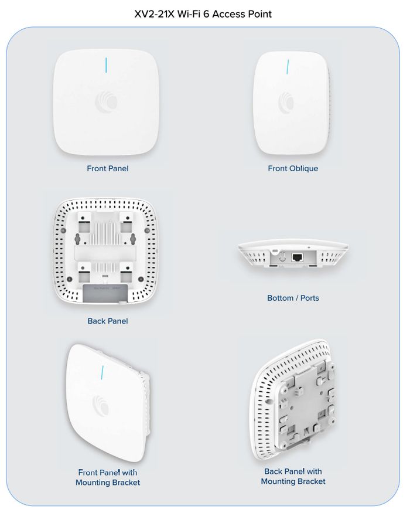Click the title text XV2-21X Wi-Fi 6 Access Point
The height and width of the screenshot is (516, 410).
coord(203,13)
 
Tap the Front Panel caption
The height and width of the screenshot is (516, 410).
coord(108,168)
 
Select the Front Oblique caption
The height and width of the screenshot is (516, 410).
coord(293,168)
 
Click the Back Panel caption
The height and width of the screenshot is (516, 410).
coord(108,321)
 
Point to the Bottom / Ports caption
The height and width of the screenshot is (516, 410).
coord(293,298)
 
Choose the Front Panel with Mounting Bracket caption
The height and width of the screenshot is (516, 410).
coord(108,477)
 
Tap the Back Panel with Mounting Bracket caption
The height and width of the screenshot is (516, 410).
coord(293,476)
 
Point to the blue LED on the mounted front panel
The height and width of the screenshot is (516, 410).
coord(102,372)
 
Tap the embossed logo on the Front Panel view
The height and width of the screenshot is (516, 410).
coord(107,100)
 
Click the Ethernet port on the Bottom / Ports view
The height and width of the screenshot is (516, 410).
coord(297,257)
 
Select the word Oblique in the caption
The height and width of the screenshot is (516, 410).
coord(304,168)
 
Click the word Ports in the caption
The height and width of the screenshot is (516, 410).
coord(309,298)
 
